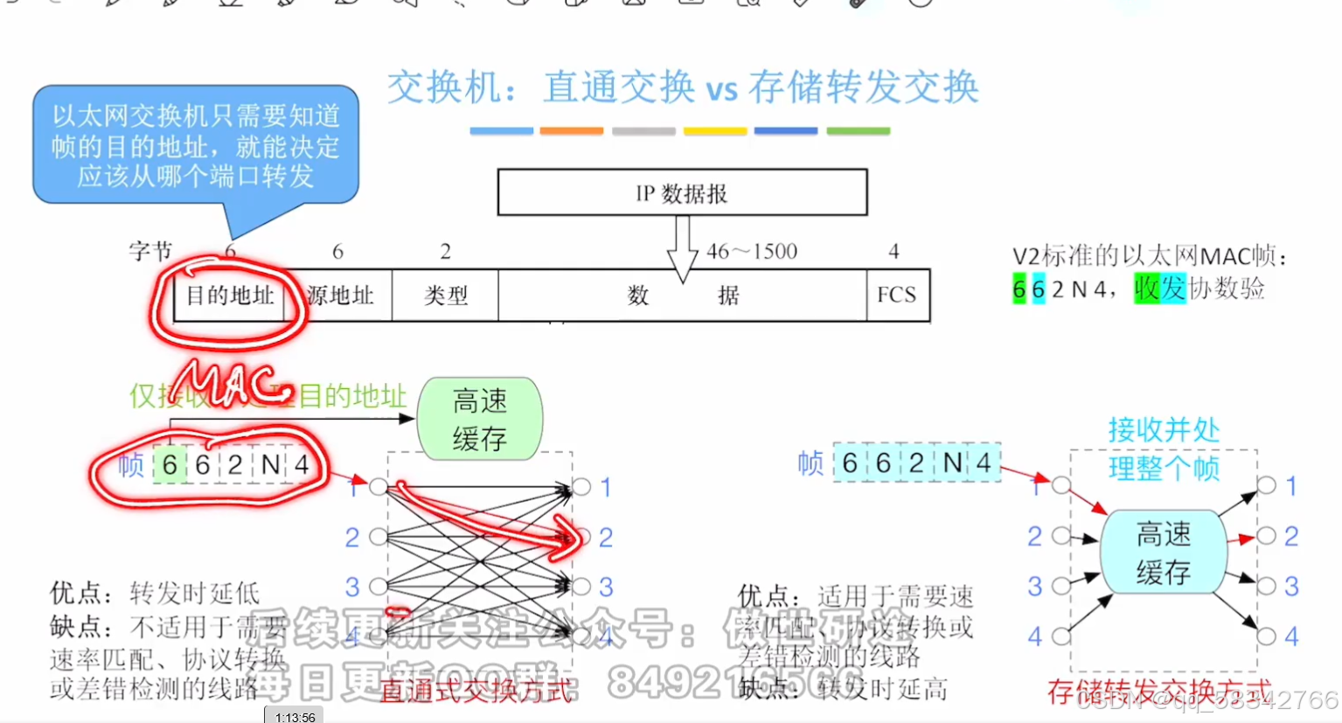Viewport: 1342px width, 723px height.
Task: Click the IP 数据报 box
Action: coord(682,192)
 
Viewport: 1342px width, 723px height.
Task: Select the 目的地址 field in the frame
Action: coord(230,295)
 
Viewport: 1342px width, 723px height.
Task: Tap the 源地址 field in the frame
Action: coord(340,295)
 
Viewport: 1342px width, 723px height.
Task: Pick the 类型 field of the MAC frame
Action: coord(445,295)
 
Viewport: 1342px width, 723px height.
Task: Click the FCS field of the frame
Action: coord(897,295)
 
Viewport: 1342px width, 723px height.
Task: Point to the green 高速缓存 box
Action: coord(480,419)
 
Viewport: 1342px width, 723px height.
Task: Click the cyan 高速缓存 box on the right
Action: coord(1163,553)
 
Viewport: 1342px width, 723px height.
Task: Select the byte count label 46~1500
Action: coord(752,252)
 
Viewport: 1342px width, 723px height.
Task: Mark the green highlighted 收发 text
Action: coord(1159,288)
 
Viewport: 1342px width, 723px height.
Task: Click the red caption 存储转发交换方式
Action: coord(1159,692)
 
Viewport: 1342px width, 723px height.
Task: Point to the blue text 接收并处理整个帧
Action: coord(1164,448)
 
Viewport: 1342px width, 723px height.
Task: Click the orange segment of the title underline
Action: coord(572,131)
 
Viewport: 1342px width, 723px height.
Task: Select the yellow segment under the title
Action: coord(715,131)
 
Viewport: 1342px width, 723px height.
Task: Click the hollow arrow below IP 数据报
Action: coord(683,250)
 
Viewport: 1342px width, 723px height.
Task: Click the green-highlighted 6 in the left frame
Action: coord(170,465)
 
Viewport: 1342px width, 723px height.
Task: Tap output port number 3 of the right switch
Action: coord(1290,586)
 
